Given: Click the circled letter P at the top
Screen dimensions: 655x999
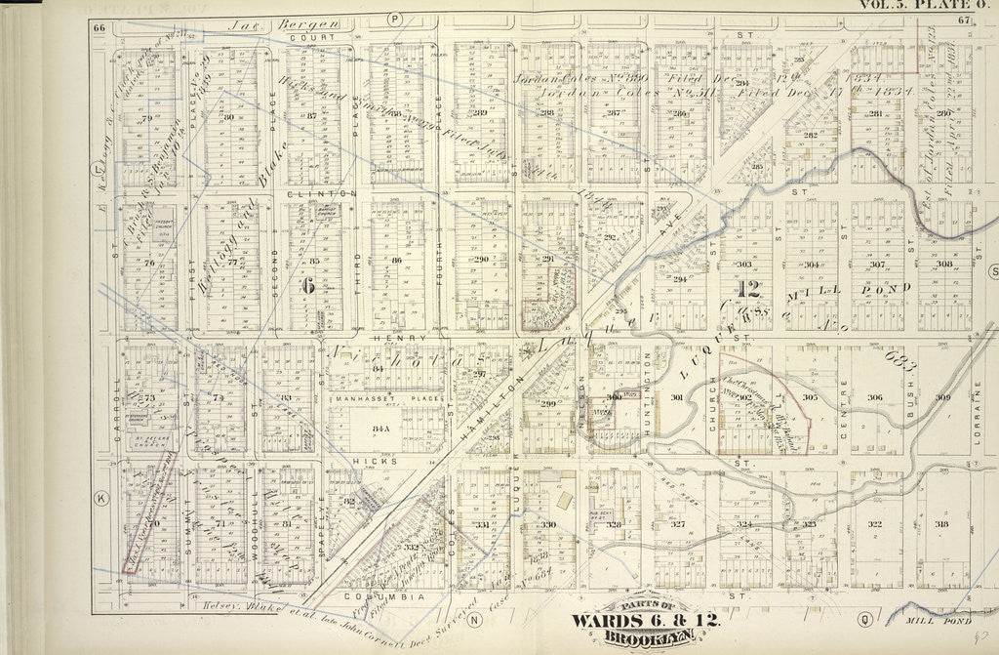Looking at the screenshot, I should [x=395, y=19].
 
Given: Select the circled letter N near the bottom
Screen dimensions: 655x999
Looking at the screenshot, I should [x=475, y=619].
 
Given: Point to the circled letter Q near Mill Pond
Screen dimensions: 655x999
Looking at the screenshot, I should [x=863, y=617].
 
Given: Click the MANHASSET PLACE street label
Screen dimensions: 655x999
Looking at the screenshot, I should [x=388, y=399].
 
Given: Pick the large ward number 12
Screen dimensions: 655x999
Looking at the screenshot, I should [x=748, y=288].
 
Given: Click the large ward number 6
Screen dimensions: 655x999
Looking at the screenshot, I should [x=307, y=286].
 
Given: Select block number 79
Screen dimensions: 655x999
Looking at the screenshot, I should [x=148, y=120].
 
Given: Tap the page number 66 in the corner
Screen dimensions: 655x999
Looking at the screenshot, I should [x=99, y=26].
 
